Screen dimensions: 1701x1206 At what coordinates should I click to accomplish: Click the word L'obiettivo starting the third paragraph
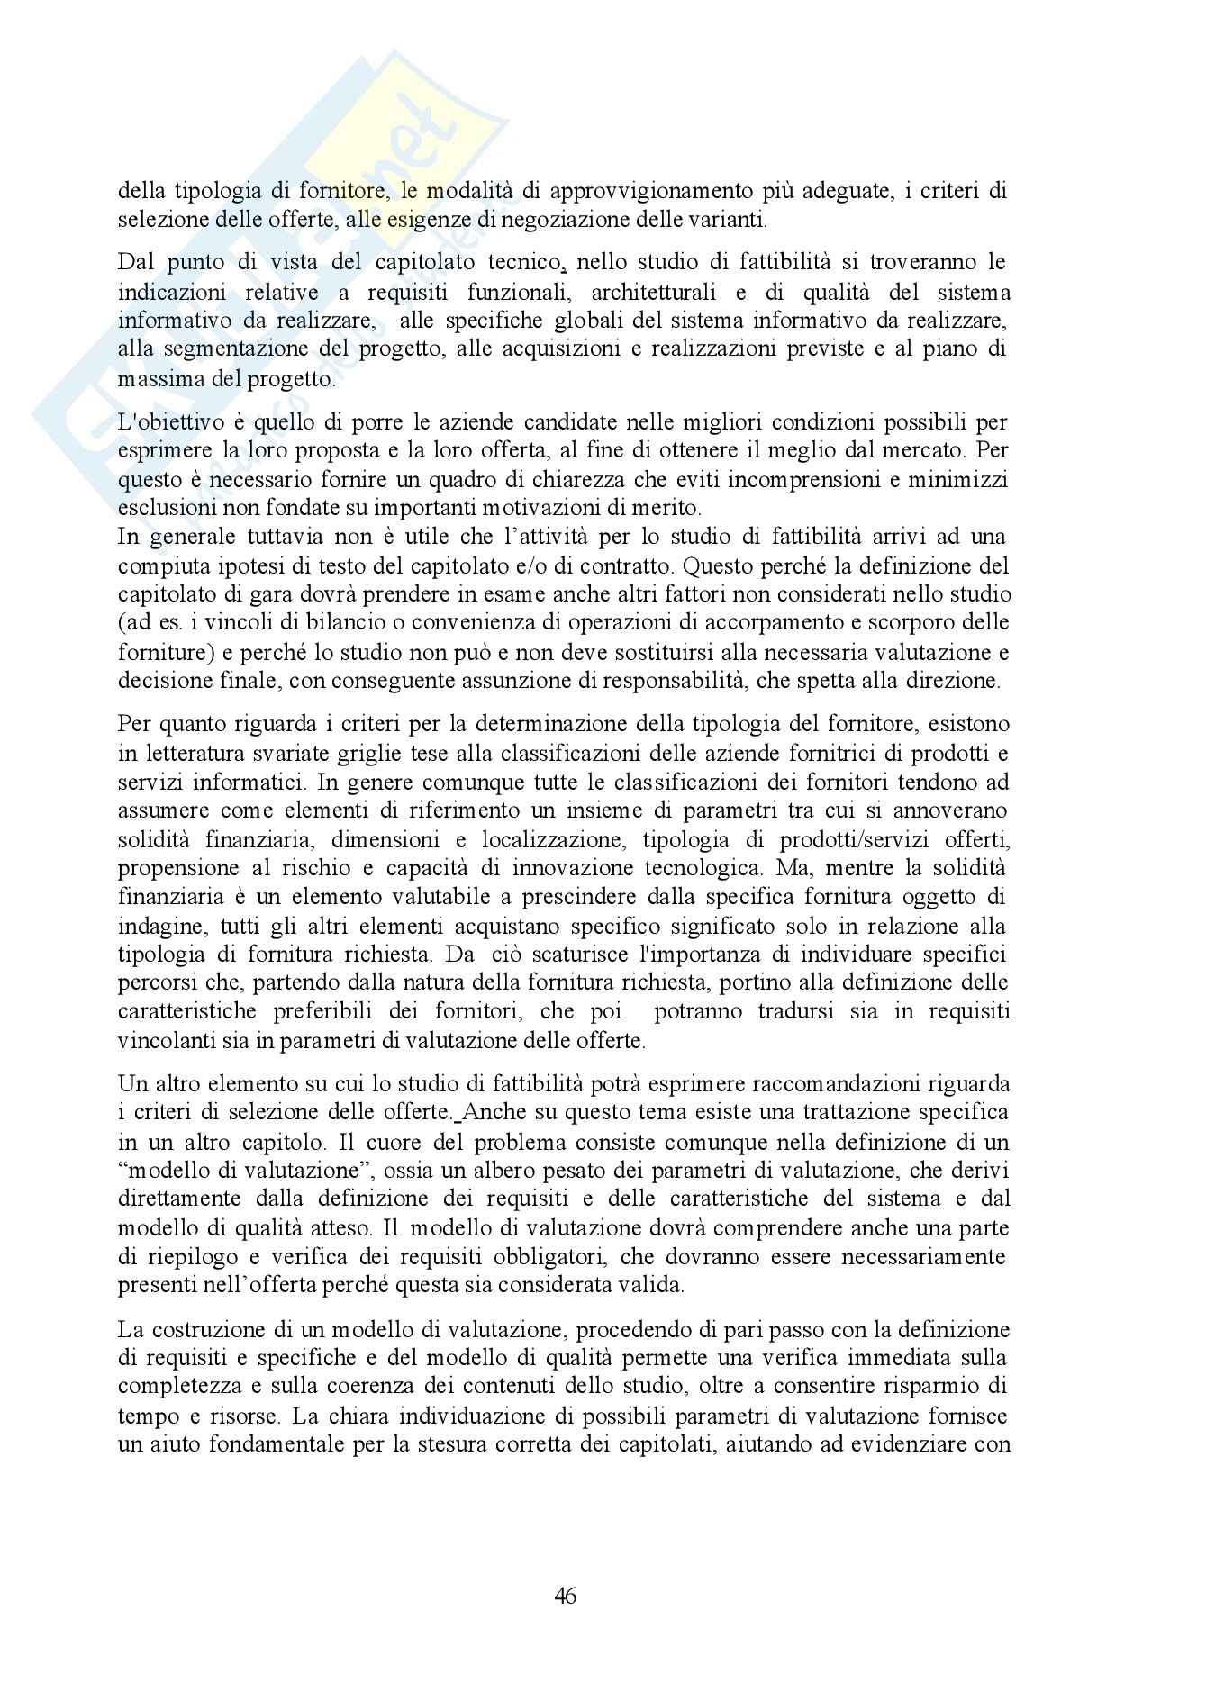pos(167,422)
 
